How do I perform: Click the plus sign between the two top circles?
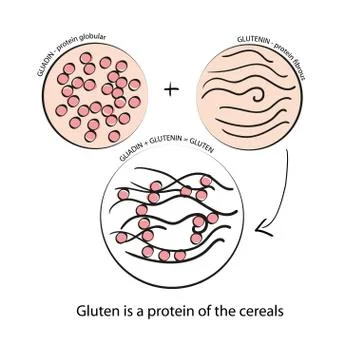coord(172,90)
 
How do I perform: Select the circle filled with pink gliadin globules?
coord(99,97)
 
